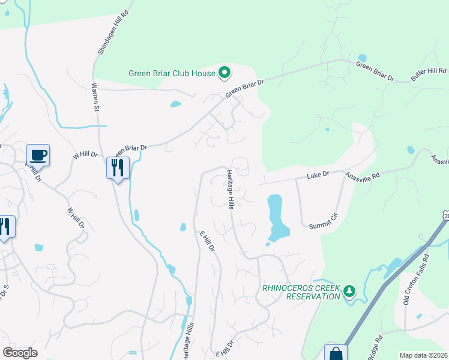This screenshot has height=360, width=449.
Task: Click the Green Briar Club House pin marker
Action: click(224, 74)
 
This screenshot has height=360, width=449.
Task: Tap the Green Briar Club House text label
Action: click(172, 74)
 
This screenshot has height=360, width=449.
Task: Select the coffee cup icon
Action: click(38, 155)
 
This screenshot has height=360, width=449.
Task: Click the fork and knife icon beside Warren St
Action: click(118, 167)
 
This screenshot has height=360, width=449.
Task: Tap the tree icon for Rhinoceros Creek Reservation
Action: click(349, 291)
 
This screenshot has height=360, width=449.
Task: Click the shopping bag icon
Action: click(336, 353)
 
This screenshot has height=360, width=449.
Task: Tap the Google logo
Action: click(20, 353)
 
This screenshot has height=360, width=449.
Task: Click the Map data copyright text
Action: click(423, 355)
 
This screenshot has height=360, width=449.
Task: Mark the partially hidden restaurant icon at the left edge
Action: click(5, 227)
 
